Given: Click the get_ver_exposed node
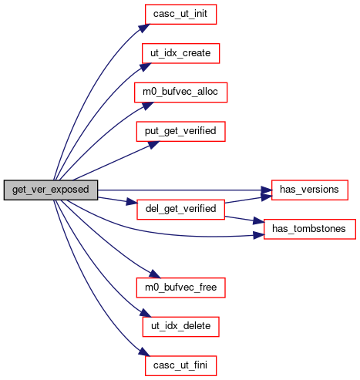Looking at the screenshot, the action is [51, 190].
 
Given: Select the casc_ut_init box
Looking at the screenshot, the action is [180, 15].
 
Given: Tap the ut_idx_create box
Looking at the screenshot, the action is [180, 53].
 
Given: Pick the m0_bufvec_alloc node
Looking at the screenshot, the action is [180, 92].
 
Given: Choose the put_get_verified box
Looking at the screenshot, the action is [180, 132].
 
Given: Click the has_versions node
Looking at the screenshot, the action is [310, 190].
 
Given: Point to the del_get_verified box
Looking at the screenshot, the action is [180, 210].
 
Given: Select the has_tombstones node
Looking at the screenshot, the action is [310, 229].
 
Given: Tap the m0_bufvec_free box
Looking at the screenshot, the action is [180, 288].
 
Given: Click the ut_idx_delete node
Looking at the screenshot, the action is [180, 327].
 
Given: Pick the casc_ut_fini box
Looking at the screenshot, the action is [180, 365].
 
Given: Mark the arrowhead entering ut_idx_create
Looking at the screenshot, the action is [146, 67].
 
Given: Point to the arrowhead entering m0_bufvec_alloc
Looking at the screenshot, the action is [147, 106].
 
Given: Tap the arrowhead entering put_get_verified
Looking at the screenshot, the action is [153, 144].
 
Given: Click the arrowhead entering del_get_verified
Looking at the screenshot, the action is [132, 202].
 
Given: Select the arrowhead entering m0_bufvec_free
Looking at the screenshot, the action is [155, 274].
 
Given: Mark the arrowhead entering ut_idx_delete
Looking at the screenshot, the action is [146, 314].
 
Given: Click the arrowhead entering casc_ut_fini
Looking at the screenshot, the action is [144, 352].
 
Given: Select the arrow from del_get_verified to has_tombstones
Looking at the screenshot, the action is [244, 219].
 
